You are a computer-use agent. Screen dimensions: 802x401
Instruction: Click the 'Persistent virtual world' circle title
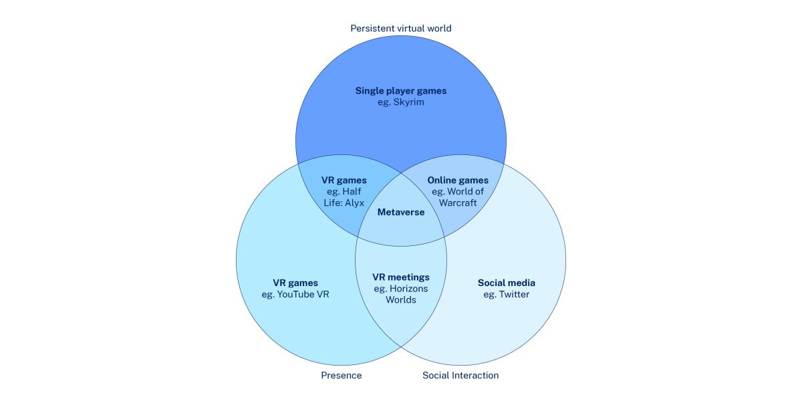click(400, 28)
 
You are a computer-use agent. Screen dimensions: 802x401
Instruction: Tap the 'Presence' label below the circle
click(342, 375)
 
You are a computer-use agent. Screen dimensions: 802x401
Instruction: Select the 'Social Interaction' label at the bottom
click(460, 375)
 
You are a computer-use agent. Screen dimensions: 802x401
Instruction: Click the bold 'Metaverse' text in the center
click(401, 212)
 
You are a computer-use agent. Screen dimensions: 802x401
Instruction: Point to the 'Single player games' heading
click(401, 91)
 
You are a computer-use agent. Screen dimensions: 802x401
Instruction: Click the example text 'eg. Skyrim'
click(401, 102)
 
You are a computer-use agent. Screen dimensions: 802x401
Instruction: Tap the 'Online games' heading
click(458, 180)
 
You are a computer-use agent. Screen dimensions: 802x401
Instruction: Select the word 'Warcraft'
click(458, 203)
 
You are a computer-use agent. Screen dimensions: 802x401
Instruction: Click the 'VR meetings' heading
click(401, 277)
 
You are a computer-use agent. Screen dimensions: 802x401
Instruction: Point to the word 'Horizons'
click(408, 289)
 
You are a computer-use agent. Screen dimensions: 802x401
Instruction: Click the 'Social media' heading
click(507, 283)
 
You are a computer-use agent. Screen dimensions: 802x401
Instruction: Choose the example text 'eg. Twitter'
click(507, 294)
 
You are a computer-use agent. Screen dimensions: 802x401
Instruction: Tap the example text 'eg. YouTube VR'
click(295, 294)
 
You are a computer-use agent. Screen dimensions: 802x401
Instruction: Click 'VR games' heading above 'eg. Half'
click(344, 180)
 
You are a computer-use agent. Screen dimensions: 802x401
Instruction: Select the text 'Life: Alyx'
click(344, 203)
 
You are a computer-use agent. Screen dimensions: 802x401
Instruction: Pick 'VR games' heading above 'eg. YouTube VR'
click(295, 283)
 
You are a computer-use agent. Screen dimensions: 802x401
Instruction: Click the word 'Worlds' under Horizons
click(401, 299)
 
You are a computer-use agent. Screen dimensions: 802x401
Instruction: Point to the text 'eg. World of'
click(458, 192)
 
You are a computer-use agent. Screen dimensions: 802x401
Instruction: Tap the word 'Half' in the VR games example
click(352, 192)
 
